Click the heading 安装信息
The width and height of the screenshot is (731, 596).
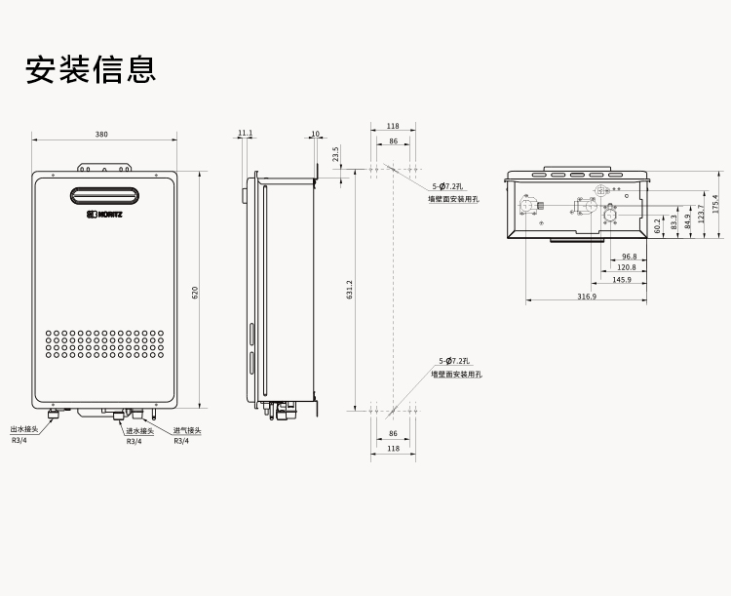tap(91, 71)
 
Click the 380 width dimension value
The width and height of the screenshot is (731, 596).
tap(102, 134)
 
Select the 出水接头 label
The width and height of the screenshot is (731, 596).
tap(24, 429)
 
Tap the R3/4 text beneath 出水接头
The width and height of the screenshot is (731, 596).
tap(19, 441)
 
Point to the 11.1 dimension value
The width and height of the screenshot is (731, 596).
tap(245, 134)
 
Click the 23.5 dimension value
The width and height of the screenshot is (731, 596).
tap(335, 154)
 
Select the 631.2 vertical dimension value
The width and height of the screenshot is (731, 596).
tap(350, 290)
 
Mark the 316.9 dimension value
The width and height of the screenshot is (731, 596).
tap(586, 296)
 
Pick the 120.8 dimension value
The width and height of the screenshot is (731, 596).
tap(626, 267)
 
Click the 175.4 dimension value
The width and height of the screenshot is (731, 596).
tap(714, 203)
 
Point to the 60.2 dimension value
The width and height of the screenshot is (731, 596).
tap(658, 225)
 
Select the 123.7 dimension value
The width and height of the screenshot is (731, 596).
tap(701, 213)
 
